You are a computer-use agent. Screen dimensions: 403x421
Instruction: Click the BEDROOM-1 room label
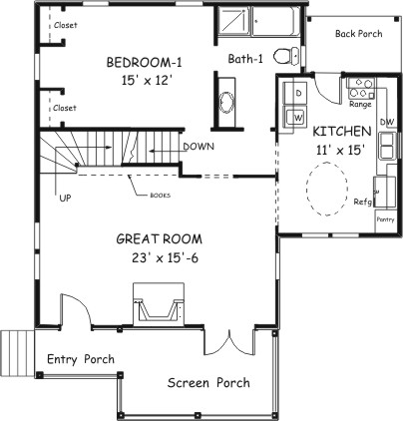(x=145, y=63)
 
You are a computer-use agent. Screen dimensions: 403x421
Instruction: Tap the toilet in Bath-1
(x=286, y=56)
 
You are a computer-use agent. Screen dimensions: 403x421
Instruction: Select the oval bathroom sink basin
(x=227, y=102)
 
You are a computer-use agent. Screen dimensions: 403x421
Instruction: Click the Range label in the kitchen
(x=360, y=105)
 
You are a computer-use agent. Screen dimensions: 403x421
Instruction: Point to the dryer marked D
(x=294, y=93)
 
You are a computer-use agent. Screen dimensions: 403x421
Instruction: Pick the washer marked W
(x=295, y=117)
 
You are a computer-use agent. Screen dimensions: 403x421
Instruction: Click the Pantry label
(x=385, y=219)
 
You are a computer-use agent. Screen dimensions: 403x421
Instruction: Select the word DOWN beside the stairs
(x=199, y=147)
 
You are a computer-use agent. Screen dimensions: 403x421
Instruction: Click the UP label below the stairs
(x=65, y=198)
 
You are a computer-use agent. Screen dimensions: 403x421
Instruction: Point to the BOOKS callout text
(x=161, y=196)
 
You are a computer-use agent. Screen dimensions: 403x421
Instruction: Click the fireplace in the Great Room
(x=159, y=304)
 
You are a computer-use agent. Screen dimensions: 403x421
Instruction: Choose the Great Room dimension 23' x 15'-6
(x=165, y=258)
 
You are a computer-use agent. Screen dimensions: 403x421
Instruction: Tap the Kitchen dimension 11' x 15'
(x=338, y=151)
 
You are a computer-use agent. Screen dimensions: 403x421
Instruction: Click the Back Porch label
(x=358, y=34)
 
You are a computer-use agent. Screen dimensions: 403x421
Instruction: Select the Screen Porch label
(x=208, y=383)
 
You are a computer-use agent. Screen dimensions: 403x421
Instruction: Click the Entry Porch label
(x=81, y=359)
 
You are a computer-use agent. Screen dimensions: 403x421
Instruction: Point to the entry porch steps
(x=17, y=353)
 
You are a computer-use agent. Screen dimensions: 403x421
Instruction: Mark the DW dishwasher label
(x=387, y=122)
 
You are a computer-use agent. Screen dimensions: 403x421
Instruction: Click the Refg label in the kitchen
(x=362, y=202)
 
